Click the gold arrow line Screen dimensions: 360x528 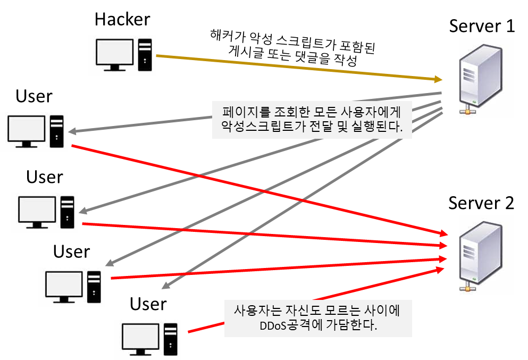click(298, 67)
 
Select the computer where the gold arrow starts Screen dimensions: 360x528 click(122, 55)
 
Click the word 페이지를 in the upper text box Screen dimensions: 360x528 click(245, 112)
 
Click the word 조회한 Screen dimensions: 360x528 click(290, 112)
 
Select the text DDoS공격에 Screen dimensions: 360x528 click(290, 326)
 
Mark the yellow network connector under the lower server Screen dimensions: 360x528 click(468, 287)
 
